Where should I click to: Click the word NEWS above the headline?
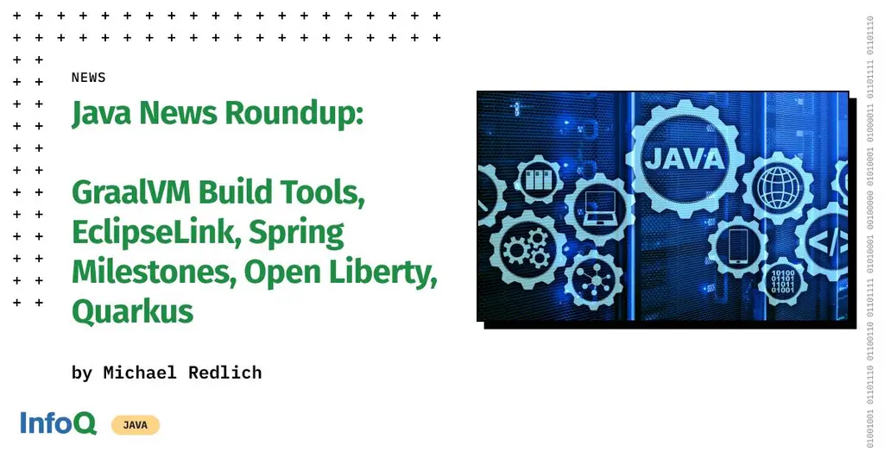88,78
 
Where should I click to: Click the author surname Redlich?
224,373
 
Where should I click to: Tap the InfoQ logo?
58,423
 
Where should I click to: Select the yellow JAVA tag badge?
135,424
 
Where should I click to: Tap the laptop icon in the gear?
598,204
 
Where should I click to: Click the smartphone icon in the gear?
736,246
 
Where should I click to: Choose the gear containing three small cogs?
523,248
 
